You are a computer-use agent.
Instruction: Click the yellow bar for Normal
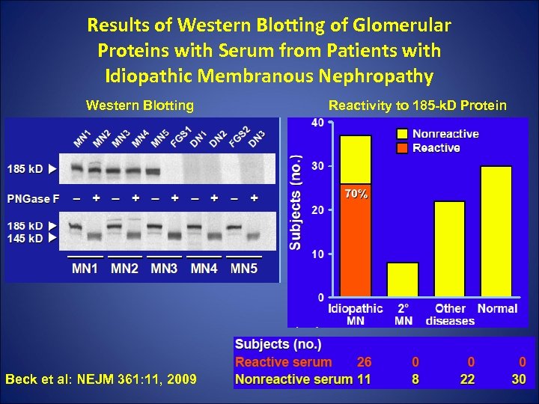pyautogui.click(x=496, y=231)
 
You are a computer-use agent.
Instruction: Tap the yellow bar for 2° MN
pyautogui.click(x=403, y=280)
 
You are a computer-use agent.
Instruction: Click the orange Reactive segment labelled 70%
pyautogui.click(x=356, y=239)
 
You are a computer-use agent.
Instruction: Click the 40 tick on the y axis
pyautogui.click(x=317, y=123)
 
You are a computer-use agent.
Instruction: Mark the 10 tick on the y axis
pyautogui.click(x=317, y=254)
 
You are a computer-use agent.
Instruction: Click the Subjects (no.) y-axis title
pyautogui.click(x=296, y=203)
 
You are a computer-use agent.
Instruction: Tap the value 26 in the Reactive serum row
pyautogui.click(x=364, y=362)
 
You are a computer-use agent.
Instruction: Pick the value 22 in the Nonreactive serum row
pyautogui.click(x=466, y=379)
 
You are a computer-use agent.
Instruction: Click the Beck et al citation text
pyautogui.click(x=101, y=379)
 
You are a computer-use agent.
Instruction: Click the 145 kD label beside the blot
pyautogui.click(x=25, y=238)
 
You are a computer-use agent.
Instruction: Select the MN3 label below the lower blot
pyautogui.click(x=164, y=269)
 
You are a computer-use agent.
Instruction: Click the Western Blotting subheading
pyautogui.click(x=140, y=105)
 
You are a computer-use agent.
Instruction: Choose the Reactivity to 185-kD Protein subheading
pyautogui.click(x=417, y=105)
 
